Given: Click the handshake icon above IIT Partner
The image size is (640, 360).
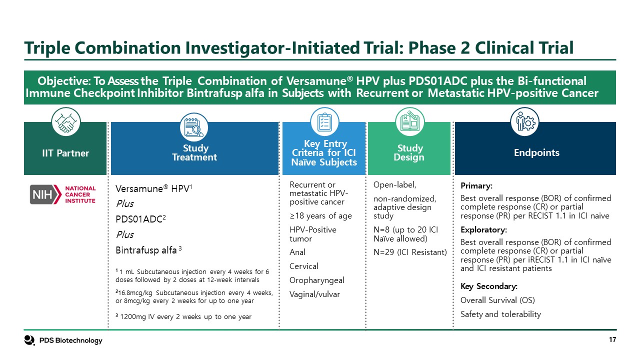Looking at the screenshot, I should (x=65, y=122).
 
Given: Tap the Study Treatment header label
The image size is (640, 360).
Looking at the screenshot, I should (x=194, y=152).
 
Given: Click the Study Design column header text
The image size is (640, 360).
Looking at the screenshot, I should (x=410, y=152).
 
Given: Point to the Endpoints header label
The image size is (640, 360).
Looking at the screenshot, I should (x=536, y=152).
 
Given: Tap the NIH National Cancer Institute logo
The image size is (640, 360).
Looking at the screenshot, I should (x=62, y=194).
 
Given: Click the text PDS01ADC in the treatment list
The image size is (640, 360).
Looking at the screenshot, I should (x=134, y=219).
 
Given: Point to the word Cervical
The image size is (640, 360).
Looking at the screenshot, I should (x=304, y=266).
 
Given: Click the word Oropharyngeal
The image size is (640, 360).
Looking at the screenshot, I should (x=317, y=280).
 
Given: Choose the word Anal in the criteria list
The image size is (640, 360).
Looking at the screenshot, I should (x=297, y=252).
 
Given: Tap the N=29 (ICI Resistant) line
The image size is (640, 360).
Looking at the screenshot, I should (x=410, y=252).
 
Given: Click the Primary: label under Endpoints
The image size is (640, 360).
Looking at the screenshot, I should (x=476, y=186).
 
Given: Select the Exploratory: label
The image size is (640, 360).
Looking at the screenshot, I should (x=483, y=230).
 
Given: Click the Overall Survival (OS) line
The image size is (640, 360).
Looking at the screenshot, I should (x=497, y=300).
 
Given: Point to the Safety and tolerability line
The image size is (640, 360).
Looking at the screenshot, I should (x=500, y=314).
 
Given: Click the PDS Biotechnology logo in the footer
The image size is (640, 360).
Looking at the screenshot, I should (x=63, y=340).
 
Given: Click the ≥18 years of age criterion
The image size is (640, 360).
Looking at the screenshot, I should (x=320, y=216).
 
